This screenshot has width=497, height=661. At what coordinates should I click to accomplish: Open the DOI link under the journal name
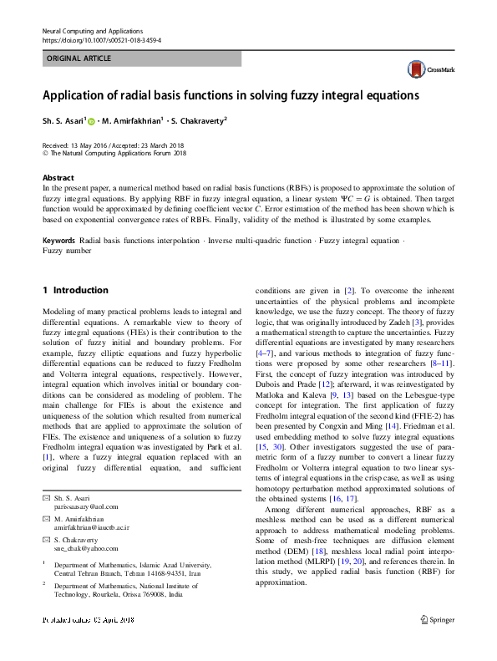click(x=101, y=39)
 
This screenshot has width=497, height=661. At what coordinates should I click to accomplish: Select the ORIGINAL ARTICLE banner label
click(x=79, y=58)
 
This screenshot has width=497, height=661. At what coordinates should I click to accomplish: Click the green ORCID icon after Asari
click(x=91, y=121)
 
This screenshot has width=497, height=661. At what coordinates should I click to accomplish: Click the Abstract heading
click(x=58, y=178)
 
